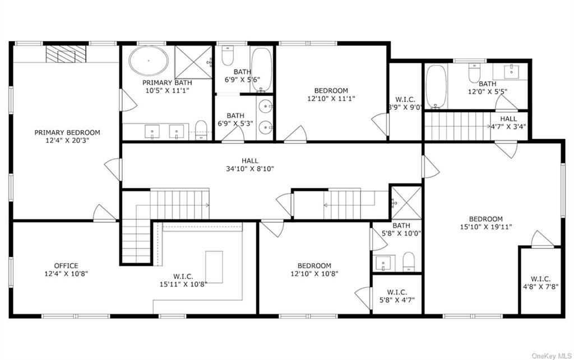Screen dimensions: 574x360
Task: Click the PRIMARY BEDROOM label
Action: (x=67, y=132)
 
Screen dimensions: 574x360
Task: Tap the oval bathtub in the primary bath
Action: (x=149, y=61)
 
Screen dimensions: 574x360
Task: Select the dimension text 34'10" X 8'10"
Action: (x=250, y=169)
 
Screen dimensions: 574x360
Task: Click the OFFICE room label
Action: (x=66, y=265)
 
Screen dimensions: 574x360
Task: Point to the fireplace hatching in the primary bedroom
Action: (x=66, y=54)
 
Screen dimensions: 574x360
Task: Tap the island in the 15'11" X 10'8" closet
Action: (x=214, y=267)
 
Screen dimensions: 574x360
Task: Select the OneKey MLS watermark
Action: (x=552, y=356)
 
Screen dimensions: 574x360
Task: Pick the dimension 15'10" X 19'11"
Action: (x=486, y=227)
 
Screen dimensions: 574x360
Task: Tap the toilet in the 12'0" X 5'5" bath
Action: (x=474, y=72)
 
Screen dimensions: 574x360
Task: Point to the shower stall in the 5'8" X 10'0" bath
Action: (x=406, y=203)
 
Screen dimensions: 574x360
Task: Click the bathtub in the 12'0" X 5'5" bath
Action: (x=436, y=87)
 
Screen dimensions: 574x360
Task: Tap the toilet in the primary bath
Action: (x=201, y=130)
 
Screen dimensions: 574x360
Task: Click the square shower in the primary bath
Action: (x=193, y=62)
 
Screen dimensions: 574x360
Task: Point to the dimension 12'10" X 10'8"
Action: (x=314, y=274)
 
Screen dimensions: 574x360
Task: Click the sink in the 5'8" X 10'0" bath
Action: (x=384, y=263)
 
